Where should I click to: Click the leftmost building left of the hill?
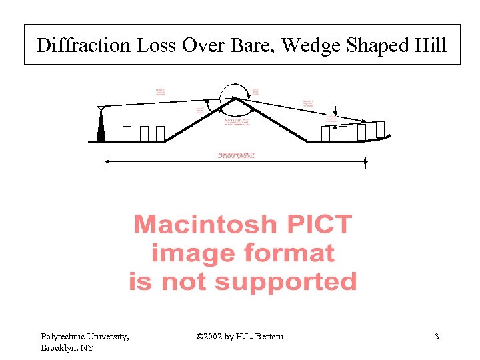pyautogui.click(x=127, y=133)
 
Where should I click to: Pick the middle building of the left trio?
pyautogui.click(x=145, y=133)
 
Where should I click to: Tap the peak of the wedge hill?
pyautogui.click(x=235, y=99)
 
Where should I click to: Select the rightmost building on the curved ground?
pyautogui.click(x=380, y=129)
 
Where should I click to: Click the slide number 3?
pyautogui.click(x=437, y=337)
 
